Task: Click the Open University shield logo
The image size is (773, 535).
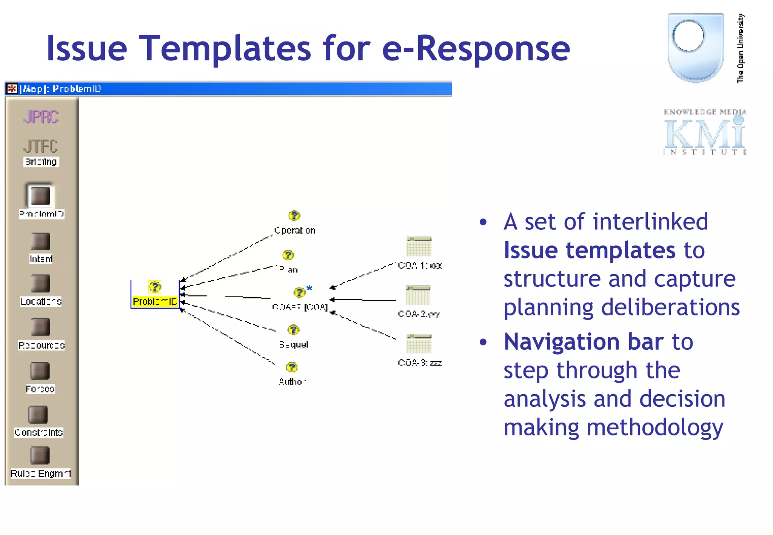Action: coord(695,47)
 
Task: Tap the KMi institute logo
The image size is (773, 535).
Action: coord(704,132)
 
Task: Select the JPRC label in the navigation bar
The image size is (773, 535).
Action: coord(41,117)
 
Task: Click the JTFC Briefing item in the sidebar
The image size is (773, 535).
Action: coord(41,152)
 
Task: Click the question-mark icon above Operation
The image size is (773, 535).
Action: coord(294,216)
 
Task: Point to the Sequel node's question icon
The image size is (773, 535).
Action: coord(293,330)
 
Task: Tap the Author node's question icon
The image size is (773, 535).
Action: coord(292,367)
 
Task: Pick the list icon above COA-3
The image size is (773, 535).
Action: coord(419,344)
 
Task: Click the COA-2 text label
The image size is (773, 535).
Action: coord(418,314)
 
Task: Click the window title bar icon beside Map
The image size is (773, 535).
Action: coord(12,89)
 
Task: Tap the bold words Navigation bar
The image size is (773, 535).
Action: coord(584,342)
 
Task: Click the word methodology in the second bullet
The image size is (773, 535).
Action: coord(654,428)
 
